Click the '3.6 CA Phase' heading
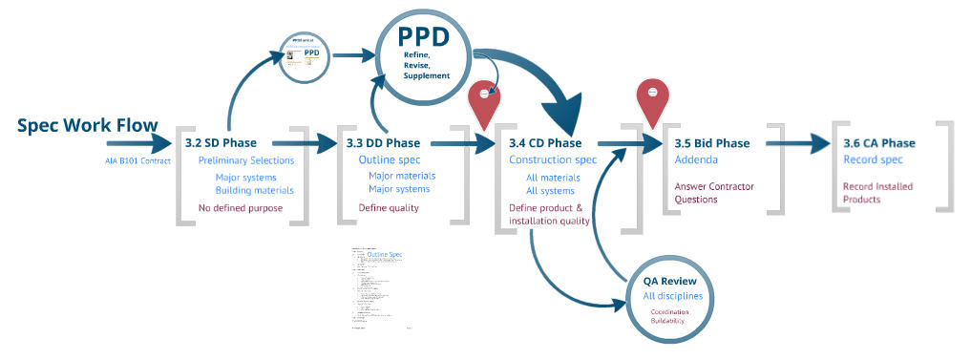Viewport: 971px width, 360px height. pos(878,143)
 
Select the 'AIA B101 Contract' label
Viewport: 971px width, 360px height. pos(137,159)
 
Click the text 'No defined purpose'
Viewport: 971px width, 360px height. pos(241,207)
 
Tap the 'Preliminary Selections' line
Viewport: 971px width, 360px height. pos(246,160)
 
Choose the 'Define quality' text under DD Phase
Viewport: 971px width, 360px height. pos(389,207)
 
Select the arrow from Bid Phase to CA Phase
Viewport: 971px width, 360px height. pos(797,143)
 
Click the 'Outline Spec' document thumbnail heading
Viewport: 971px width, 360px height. pos(385,255)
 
